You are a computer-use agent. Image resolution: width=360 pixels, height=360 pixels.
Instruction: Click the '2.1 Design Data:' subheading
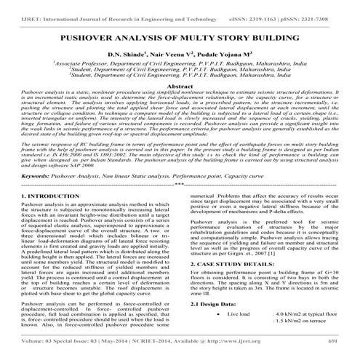coord(211,304)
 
